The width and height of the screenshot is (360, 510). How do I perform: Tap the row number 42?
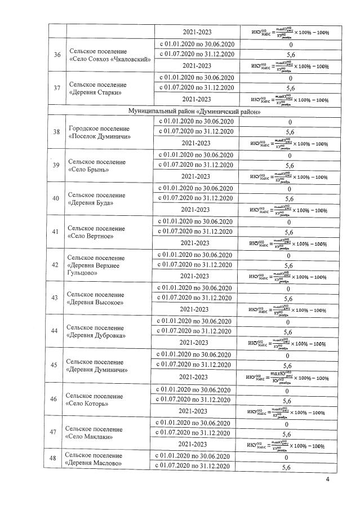click(x=55, y=264)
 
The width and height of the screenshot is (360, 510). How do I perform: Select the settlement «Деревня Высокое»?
click(x=95, y=302)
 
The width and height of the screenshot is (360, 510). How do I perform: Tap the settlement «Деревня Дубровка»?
click(x=96, y=335)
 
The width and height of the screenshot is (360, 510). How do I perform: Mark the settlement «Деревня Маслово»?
click(x=93, y=463)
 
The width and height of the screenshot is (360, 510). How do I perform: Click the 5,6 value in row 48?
click(x=287, y=468)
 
